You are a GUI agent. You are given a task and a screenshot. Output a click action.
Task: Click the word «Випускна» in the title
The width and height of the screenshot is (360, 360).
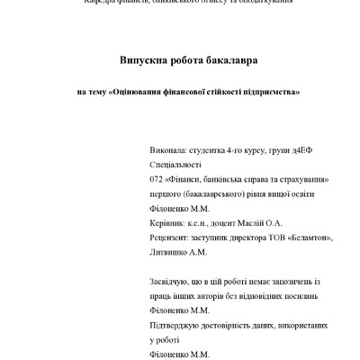[x=147, y=60]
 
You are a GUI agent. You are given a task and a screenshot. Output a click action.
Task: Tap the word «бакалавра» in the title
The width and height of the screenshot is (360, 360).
[x=230, y=60]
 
